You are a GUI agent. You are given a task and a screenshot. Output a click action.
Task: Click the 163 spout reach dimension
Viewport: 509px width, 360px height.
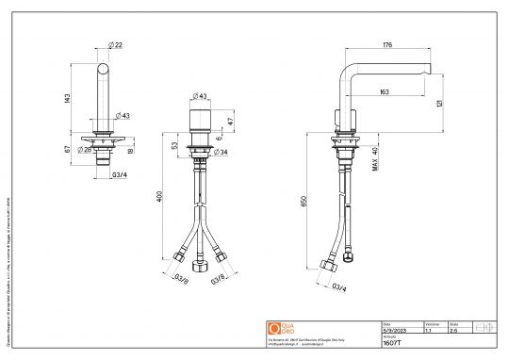pyautogui.click(x=386, y=91)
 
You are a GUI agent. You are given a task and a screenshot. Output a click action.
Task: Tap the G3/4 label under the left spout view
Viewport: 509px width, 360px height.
pyautogui.click(x=122, y=175)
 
